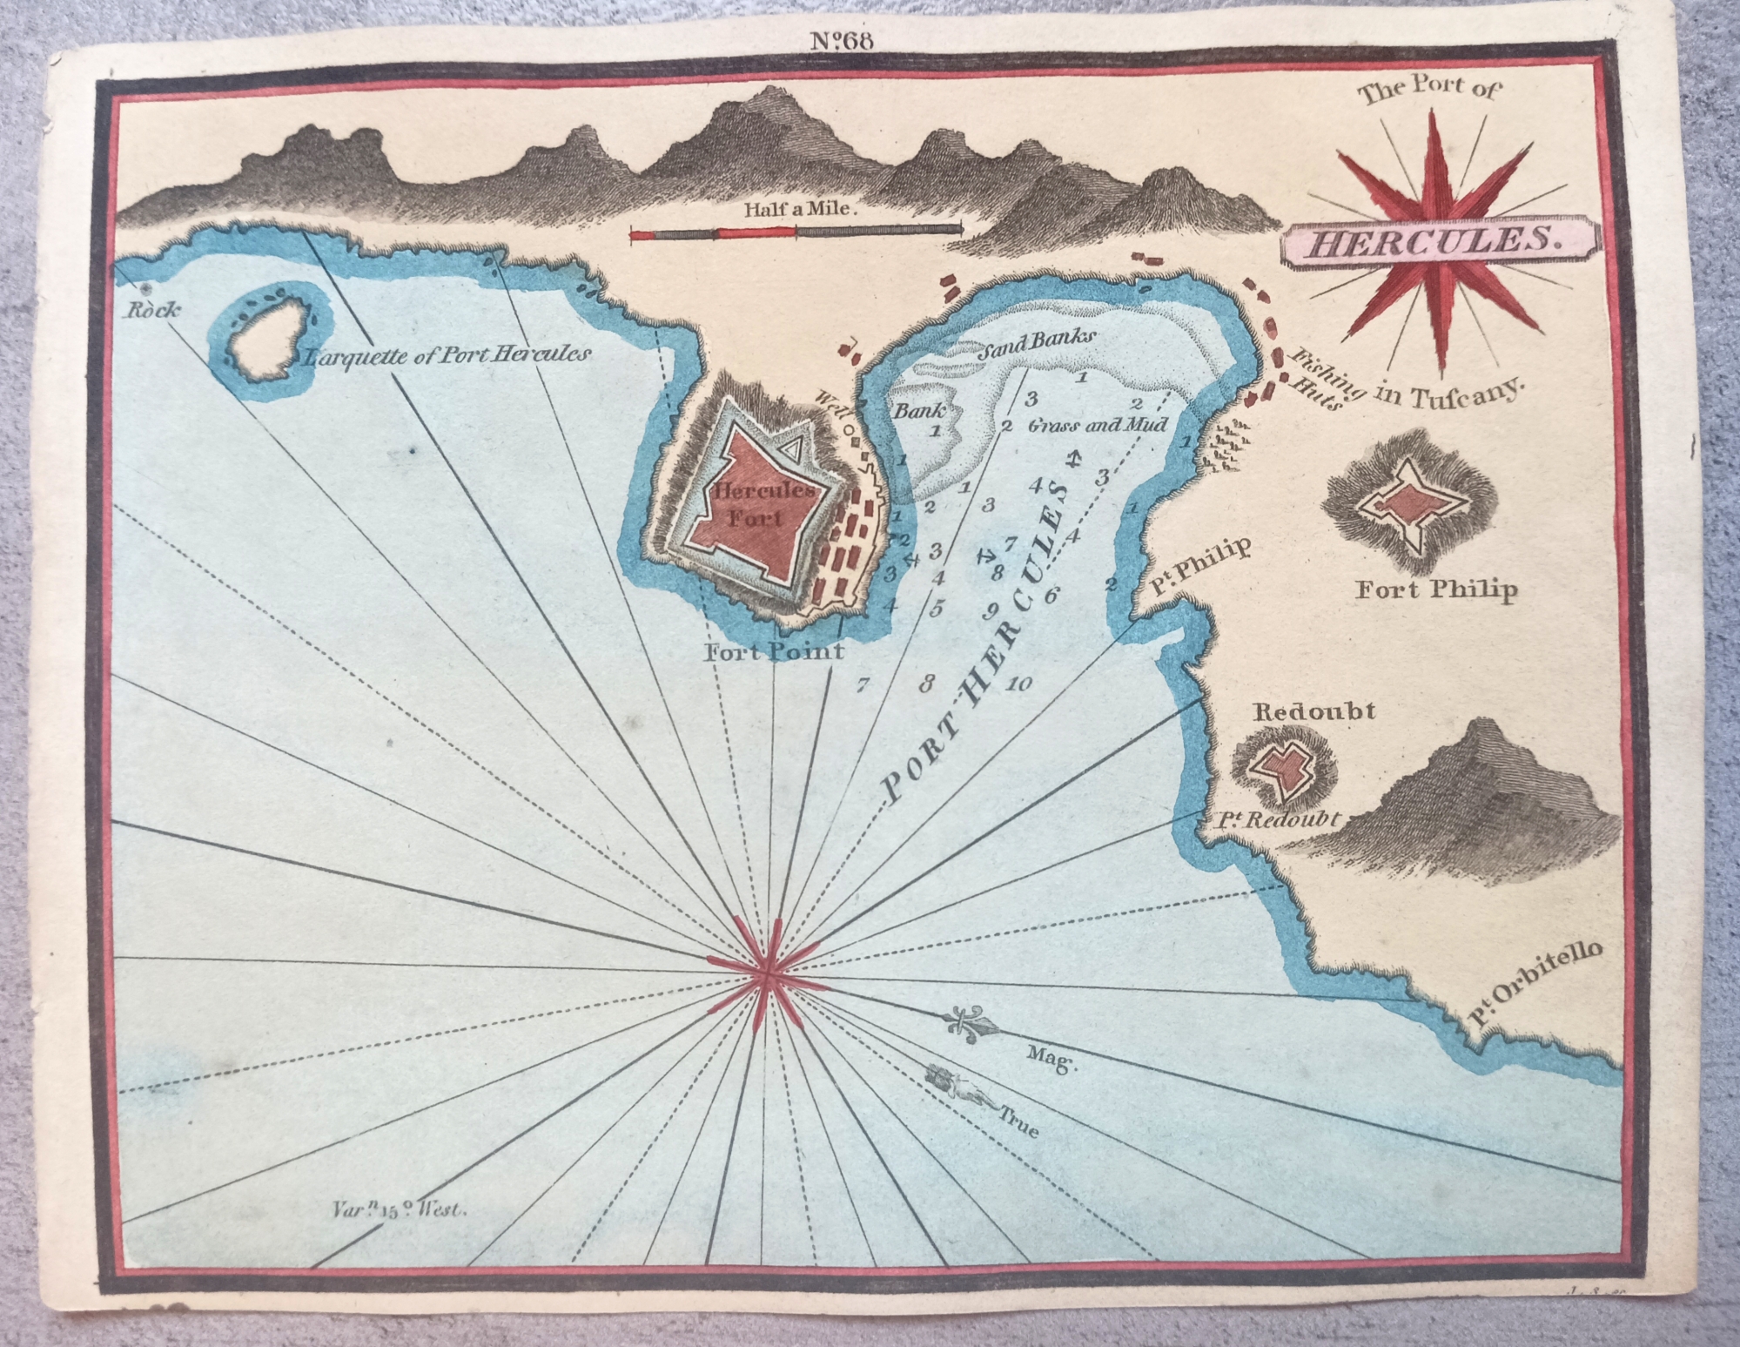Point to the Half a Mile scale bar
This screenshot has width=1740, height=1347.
click(796, 232)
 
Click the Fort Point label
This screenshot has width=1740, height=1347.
click(773, 651)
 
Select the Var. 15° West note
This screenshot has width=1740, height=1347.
click(400, 1209)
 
